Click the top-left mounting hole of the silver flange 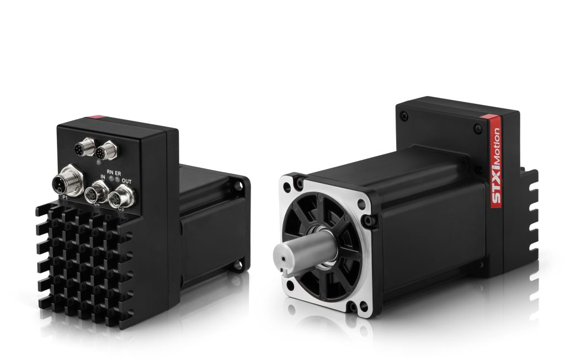299,181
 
